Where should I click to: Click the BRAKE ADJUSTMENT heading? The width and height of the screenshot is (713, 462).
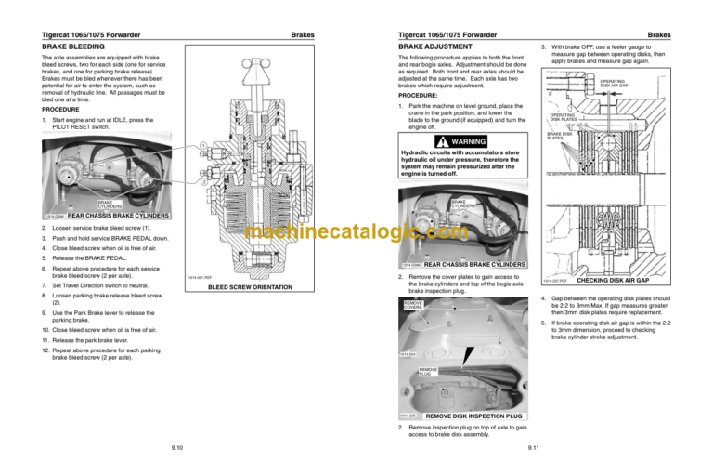click(435, 45)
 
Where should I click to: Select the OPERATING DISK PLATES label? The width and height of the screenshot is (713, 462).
click(566, 117)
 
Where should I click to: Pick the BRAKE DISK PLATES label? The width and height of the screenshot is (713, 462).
click(560, 136)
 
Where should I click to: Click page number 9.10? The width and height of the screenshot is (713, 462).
click(176, 447)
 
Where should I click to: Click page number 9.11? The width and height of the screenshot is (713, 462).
click(532, 447)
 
